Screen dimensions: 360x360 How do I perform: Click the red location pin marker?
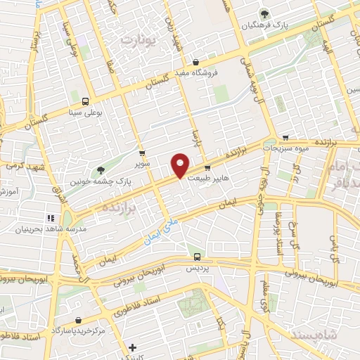[x=181, y=165]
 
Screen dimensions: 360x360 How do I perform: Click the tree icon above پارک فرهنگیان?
[x=264, y=13]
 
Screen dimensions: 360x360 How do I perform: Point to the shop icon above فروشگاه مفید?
[x=195, y=61]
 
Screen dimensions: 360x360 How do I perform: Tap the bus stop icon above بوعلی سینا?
[x=85, y=101]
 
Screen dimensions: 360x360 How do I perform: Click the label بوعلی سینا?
[x=85, y=111]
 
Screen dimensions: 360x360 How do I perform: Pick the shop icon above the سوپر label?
[x=142, y=153]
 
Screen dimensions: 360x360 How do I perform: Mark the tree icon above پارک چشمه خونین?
[x=101, y=169]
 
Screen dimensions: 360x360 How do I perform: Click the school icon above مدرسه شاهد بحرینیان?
[x=50, y=217]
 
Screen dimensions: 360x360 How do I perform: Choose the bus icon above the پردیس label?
[x=197, y=257]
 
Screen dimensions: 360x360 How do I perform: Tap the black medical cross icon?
[x=133, y=347]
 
